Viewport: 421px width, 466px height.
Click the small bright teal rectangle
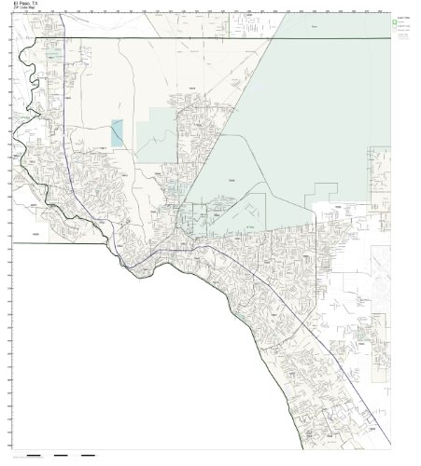pyautogui.click(x=117, y=132)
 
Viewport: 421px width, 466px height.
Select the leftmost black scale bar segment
pyautogui.click(x=35, y=456)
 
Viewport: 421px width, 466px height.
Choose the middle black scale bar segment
pyautogui.click(x=61, y=456)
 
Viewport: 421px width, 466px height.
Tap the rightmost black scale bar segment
pyautogui.click(x=88, y=456)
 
